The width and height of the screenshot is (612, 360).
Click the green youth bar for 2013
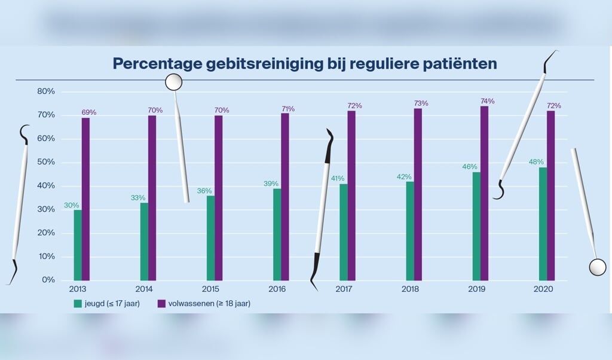click(x=78, y=245)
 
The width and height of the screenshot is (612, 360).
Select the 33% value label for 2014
click(x=138, y=197)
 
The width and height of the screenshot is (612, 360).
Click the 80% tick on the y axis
click(x=46, y=91)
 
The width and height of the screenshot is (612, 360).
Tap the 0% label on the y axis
click(x=48, y=280)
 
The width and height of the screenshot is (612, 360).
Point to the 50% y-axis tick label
click(x=46, y=162)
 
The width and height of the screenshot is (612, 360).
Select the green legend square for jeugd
click(x=78, y=304)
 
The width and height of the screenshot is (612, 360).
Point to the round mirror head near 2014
click(x=173, y=81)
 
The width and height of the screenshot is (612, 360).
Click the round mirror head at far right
click(x=597, y=267)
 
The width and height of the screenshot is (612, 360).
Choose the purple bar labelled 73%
click(x=418, y=194)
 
